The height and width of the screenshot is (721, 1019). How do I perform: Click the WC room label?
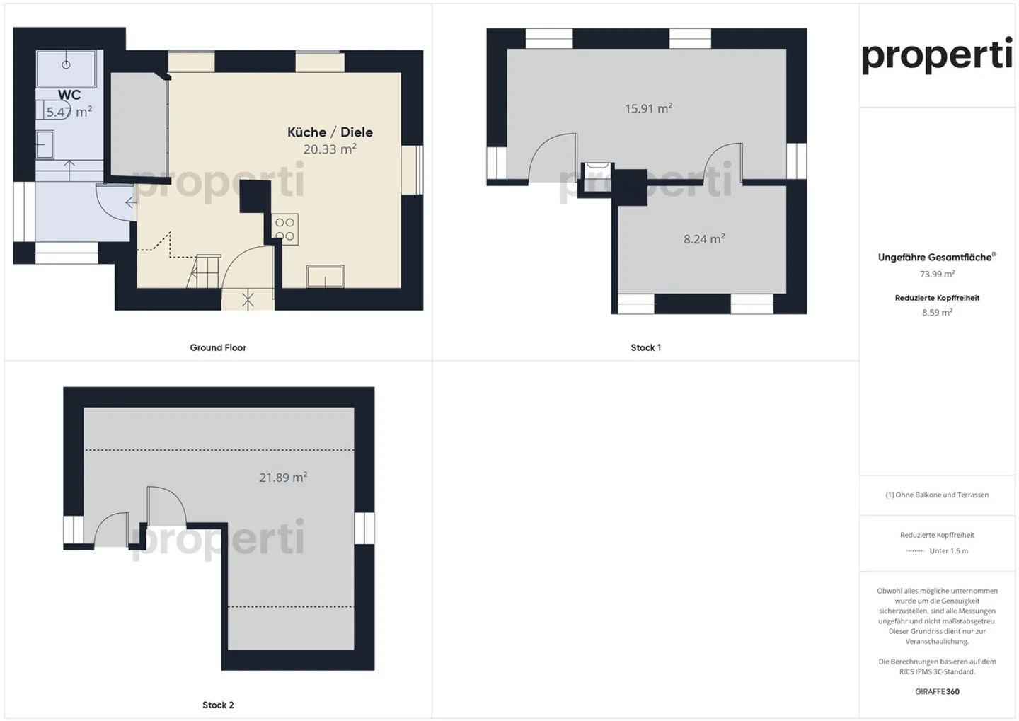69,95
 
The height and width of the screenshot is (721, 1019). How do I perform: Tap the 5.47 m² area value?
69,112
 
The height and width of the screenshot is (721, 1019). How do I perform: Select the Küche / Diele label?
330,132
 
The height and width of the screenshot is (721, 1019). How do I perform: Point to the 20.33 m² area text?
330,149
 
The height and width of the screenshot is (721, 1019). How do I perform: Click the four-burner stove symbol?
285,229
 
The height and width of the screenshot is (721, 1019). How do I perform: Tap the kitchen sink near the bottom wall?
326,276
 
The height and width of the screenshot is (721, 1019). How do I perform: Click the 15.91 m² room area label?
648,108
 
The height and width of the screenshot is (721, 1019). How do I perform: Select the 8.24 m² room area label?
704,239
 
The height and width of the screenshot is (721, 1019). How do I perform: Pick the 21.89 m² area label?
283,478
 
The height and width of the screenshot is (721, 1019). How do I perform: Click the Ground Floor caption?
218,347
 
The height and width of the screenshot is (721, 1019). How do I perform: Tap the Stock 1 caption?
645,347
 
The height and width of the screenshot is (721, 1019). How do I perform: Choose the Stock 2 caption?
218,705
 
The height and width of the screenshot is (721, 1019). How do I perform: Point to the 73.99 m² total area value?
937,274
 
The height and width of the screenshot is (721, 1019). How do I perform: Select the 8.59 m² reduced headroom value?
937,312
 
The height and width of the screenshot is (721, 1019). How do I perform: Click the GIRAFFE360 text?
937,691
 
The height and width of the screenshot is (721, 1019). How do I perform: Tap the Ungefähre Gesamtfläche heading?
936,258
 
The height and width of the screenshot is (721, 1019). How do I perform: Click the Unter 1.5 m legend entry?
948,550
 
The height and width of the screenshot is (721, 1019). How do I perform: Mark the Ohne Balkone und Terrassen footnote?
937,495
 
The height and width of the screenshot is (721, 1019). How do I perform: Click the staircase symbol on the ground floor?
203,271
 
